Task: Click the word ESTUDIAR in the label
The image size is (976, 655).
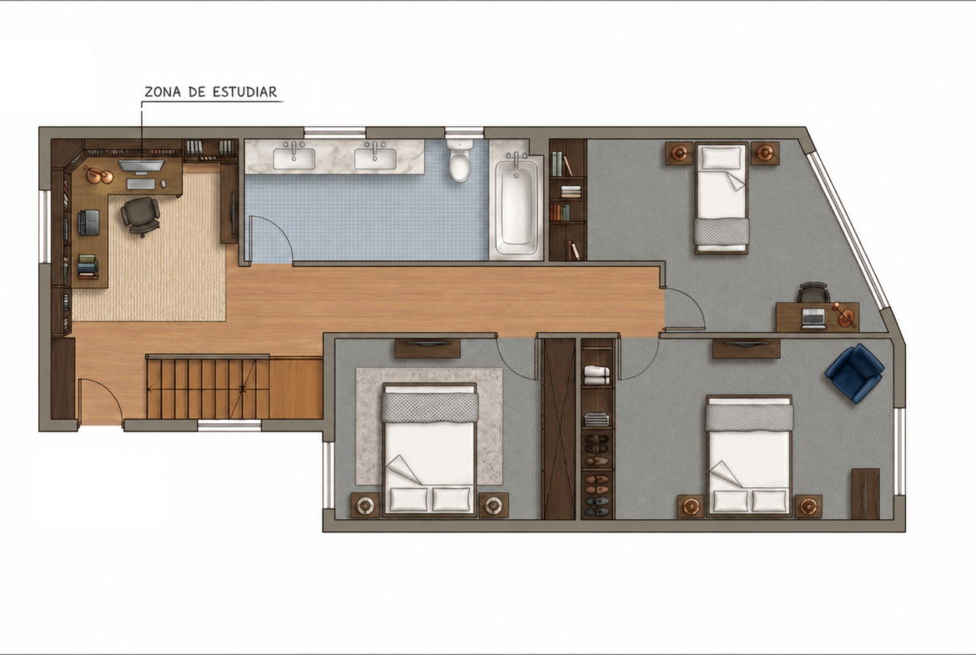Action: (x=244, y=92)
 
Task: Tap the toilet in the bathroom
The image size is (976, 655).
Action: (x=460, y=160)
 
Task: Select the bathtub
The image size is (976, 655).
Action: (x=516, y=204)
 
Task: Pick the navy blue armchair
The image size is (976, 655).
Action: (x=854, y=371)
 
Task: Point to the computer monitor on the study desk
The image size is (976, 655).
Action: (x=141, y=165)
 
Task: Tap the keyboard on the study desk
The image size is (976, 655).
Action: (x=141, y=184)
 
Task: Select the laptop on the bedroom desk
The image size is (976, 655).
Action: (x=814, y=318)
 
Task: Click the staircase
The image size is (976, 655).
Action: (x=208, y=387)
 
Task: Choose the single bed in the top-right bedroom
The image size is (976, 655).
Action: (x=722, y=198)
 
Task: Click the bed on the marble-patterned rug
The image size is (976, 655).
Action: (x=430, y=450)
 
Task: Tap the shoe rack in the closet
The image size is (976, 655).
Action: (x=597, y=474)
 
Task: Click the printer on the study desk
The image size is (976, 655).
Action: (x=88, y=222)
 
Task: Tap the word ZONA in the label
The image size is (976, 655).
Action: (x=164, y=92)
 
